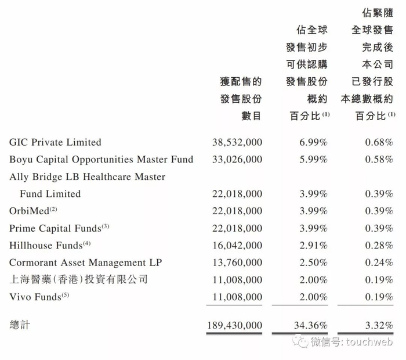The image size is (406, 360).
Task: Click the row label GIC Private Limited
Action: (56, 142)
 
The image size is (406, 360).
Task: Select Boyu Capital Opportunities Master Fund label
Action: (101, 159)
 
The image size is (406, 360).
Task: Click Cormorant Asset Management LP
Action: (86, 262)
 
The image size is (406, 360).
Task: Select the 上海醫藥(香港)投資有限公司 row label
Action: (78, 280)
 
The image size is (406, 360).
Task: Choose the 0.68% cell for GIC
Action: (379, 142)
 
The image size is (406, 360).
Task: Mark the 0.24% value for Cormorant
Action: (379, 262)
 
